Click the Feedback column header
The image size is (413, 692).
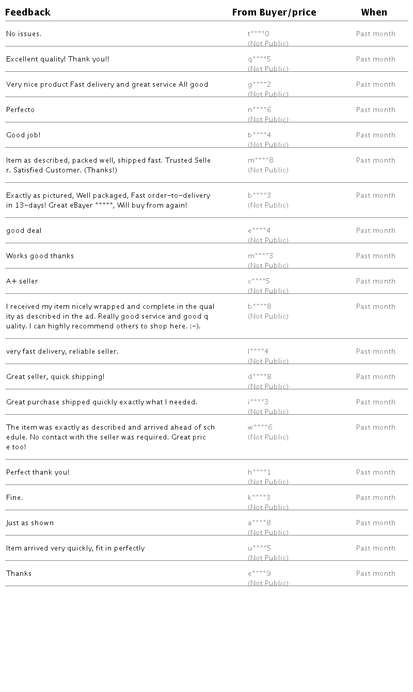pos(28,12)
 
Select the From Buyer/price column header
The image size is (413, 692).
pos(274,12)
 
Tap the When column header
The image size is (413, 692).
pos(374,12)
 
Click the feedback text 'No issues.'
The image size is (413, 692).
pos(24,34)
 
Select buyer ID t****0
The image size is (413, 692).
pos(259,34)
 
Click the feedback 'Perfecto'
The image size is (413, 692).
pos(21,110)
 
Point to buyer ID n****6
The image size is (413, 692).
pos(260,110)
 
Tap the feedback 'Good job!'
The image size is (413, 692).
pos(23,135)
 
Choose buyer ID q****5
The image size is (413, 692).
pos(259,59)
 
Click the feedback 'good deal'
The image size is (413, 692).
pos(24,231)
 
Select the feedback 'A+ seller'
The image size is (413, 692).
pos(22,281)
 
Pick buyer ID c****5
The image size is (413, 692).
pos(259,281)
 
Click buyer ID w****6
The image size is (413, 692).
pos(260,428)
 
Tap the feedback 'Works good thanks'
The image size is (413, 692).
pos(40,256)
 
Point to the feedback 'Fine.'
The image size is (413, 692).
pos(14,498)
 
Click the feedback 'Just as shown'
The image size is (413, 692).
pos(30,523)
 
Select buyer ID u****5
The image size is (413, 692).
pos(259,548)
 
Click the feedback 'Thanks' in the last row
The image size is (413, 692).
pos(19,574)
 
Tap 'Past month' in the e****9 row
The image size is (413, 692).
pos(375,574)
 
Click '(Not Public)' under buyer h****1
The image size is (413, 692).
pos(268,482)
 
